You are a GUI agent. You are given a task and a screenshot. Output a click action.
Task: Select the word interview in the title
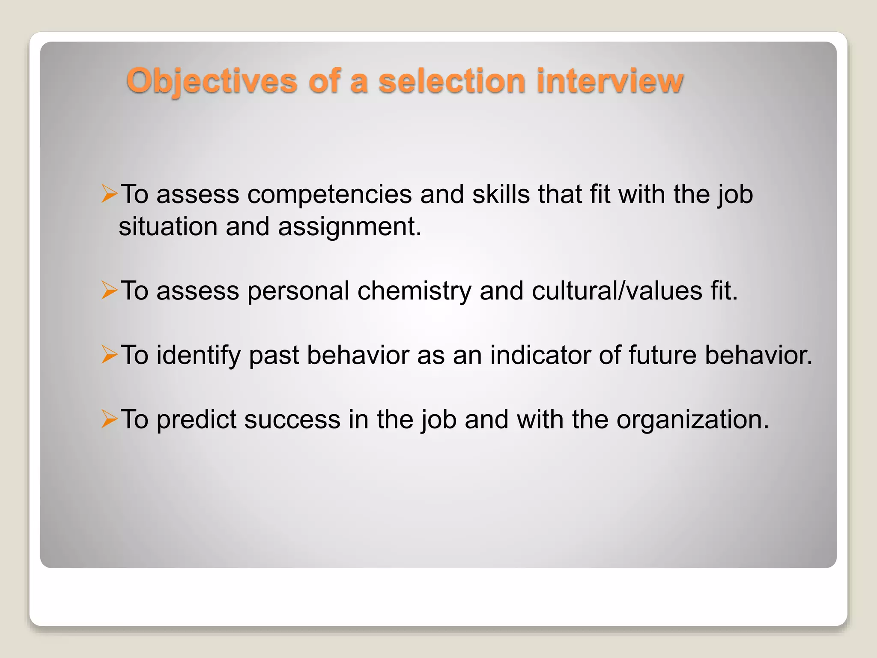[610, 81]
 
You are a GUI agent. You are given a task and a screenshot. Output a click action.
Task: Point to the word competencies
[330, 195]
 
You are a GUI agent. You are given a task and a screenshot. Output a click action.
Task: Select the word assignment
[349, 227]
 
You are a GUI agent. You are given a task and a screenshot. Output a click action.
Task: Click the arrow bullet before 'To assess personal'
[109, 291]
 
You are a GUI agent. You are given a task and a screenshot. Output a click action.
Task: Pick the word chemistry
[414, 291]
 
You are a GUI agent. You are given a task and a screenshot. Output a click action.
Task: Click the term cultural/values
[617, 291]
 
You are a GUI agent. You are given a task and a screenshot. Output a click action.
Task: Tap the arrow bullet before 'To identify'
[109, 355]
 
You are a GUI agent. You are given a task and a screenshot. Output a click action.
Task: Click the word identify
[198, 356]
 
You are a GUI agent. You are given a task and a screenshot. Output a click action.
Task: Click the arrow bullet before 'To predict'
[109, 419]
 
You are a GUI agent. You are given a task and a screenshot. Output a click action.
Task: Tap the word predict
[196, 420]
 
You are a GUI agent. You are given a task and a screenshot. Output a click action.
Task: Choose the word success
[292, 420]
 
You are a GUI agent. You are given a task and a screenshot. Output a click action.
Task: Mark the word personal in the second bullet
[298, 291]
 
